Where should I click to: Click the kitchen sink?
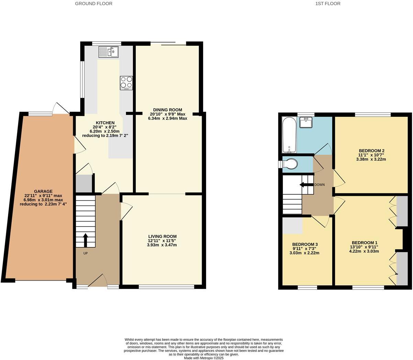click(x=109, y=52)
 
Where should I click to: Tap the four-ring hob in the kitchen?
click(x=126, y=83)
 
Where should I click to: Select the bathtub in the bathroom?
click(x=289, y=135)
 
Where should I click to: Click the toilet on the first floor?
click(x=289, y=164)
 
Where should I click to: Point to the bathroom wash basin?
click(x=305, y=122)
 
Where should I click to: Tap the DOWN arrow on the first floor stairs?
click(x=304, y=185)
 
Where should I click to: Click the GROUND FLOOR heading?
click(x=93, y=4)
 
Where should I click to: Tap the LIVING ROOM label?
click(x=162, y=236)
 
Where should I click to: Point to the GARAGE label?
click(x=43, y=191)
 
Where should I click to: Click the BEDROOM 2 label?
click(x=371, y=151)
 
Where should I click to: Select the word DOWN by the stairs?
click(x=319, y=185)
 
